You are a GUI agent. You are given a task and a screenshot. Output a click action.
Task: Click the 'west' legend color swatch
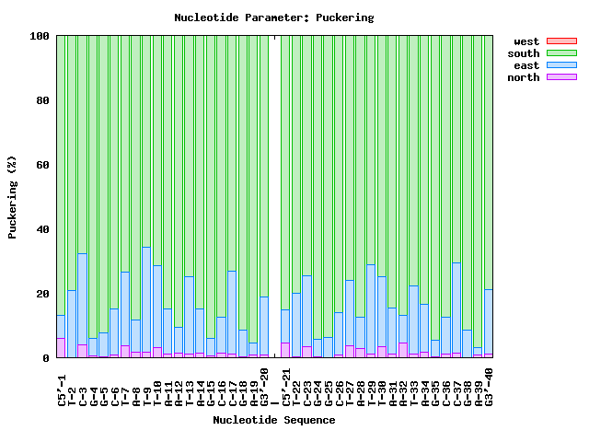(561, 41)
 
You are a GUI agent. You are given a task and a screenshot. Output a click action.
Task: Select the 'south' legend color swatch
(561, 53)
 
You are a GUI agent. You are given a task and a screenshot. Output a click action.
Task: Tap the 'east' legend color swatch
(561, 65)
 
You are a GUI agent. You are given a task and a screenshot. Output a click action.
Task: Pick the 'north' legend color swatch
(561, 77)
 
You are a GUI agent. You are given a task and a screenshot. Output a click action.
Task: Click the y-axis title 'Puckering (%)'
(13, 197)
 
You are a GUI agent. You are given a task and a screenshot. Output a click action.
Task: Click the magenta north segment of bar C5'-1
(61, 348)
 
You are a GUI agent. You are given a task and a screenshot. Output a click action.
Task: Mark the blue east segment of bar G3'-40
(489, 321)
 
